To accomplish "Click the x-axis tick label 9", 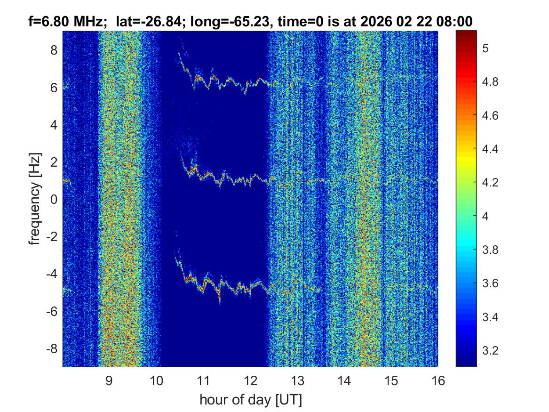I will click(x=109, y=380).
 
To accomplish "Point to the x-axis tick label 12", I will click(x=250, y=380).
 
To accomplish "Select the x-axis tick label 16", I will click(x=438, y=380).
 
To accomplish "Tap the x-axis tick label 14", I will click(x=344, y=380).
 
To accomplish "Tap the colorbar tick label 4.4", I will click(x=491, y=149).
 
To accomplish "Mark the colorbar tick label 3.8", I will click(x=491, y=250).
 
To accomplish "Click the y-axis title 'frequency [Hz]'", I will click(x=34, y=199).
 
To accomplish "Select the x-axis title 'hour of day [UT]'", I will click(x=250, y=400).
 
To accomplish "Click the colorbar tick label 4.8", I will click(x=491, y=82).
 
